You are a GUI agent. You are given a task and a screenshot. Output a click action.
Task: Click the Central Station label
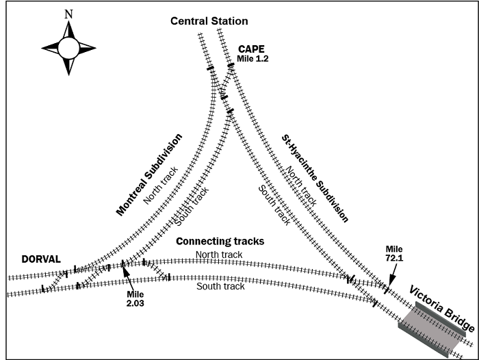pyautogui.click(x=209, y=22)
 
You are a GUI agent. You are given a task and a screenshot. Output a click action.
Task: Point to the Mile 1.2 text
pyautogui.click(x=253, y=60)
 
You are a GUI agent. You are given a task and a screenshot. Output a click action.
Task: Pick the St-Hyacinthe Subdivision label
pyautogui.click(x=315, y=177)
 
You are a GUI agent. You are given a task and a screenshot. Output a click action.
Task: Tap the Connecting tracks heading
pyautogui.click(x=220, y=242)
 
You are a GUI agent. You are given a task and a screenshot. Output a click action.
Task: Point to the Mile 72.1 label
pyautogui.click(x=395, y=254)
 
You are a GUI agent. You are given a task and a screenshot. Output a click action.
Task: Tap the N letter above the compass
pyautogui.click(x=68, y=14)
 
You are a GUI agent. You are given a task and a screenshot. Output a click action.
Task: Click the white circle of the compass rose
pyautogui.click(x=68, y=48)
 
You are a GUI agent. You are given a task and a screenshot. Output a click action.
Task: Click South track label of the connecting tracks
pyautogui.click(x=220, y=285)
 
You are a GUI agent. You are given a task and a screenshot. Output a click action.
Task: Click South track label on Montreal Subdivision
pyautogui.click(x=191, y=205)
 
